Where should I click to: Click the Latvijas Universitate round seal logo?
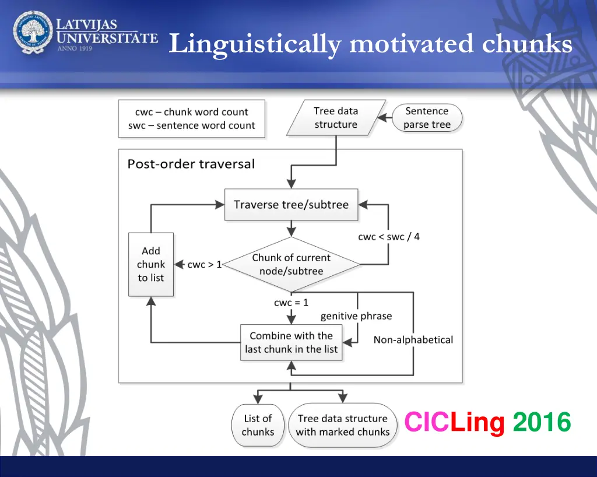pos(33,33)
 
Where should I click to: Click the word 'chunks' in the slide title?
pos(528,44)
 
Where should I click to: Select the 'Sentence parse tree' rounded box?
pos(427,118)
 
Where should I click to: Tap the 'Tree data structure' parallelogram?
pos(336,118)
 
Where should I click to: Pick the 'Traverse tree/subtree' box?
pos(291,205)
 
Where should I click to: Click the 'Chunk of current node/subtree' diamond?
pos(291,264)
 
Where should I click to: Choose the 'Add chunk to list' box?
pos(151,264)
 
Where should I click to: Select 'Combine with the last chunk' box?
pos(291,342)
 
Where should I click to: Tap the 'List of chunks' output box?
pos(258,425)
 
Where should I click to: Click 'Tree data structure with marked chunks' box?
pos(342,425)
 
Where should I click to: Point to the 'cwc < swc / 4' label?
pos(388,237)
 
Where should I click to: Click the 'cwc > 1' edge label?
pos(204,265)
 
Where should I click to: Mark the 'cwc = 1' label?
pos(291,303)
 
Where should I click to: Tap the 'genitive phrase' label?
pos(356,316)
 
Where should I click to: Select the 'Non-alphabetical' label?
pos(413,339)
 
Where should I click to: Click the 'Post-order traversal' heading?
pos(191,164)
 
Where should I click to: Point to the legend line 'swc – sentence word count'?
pos(191,125)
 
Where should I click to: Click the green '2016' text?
pos(542,422)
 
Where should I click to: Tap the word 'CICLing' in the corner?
pos(454,422)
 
